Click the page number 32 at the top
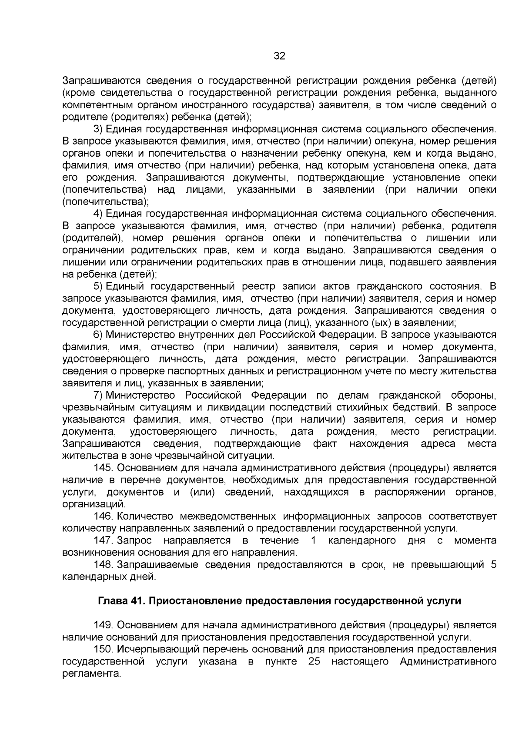point(279,56)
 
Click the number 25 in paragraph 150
point(314,662)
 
